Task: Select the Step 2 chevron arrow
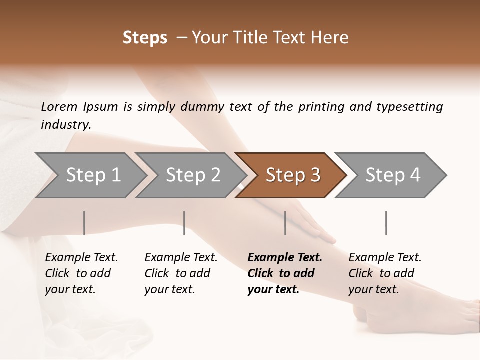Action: [193, 175]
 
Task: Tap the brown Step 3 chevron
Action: [293, 175]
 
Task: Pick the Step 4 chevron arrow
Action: [393, 175]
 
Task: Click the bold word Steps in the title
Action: [145, 38]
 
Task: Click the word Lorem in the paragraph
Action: [59, 106]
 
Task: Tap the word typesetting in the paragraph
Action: [409, 106]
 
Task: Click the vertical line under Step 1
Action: [84, 223]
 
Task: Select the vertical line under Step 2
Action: [184, 223]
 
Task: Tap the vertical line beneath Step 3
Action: [285, 223]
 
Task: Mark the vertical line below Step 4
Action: [386, 223]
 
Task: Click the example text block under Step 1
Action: [81, 273]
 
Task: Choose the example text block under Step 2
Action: [180, 273]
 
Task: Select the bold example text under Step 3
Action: [284, 273]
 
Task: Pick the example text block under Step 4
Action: [384, 273]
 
